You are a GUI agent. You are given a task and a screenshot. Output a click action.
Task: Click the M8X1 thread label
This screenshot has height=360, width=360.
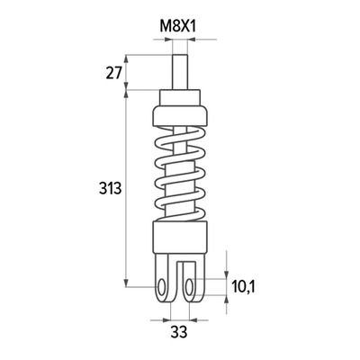[x=177, y=26]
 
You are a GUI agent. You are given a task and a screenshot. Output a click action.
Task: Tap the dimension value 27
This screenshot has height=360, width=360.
[x=113, y=73]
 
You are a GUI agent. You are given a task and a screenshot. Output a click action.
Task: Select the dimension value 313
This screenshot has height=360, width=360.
[x=110, y=188]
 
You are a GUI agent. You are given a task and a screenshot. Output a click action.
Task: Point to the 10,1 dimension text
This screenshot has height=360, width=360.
[x=243, y=287]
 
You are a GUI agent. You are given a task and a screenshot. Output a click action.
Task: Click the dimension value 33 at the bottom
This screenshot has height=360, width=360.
[x=179, y=332]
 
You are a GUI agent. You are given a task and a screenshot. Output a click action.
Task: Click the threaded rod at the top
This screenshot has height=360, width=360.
[x=180, y=72]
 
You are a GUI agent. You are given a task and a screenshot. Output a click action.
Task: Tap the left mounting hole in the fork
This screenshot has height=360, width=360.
[x=162, y=287]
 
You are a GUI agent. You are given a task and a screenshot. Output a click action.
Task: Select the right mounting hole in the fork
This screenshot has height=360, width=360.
[x=189, y=287]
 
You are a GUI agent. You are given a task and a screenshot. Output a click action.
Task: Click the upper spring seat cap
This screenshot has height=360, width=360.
[x=180, y=116]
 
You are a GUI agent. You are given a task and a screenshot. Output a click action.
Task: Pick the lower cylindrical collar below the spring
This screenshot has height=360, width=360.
[x=180, y=238]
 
